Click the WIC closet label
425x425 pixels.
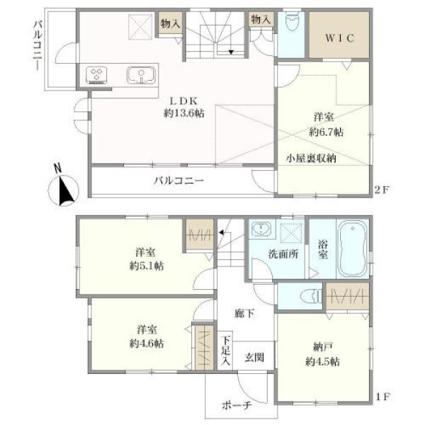pyautogui.click(x=339, y=38)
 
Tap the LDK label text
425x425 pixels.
pyautogui.click(x=183, y=101)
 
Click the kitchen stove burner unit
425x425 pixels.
pyautogui.click(x=96, y=75)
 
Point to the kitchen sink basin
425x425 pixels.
pyautogui.click(x=141, y=75)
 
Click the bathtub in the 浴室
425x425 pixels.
pyautogui.click(x=353, y=249)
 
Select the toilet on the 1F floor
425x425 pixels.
pyautogui.click(x=312, y=296)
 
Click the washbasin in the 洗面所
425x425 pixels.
pyautogui.click(x=261, y=228)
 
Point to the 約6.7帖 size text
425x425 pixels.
pyautogui.click(x=326, y=132)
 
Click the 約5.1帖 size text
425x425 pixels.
pyautogui.click(x=147, y=266)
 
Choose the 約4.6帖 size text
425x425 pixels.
pyautogui.click(x=147, y=344)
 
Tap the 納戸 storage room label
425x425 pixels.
pyautogui.click(x=322, y=346)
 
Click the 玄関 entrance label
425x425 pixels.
pyautogui.click(x=254, y=357)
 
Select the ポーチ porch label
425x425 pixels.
pyautogui.click(x=237, y=405)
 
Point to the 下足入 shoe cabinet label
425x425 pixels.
pyautogui.click(x=225, y=351)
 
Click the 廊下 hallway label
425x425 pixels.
pyautogui.click(x=244, y=314)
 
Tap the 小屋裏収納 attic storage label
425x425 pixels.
pyautogui.click(x=311, y=158)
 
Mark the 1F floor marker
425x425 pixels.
pyautogui.click(x=382, y=397)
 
